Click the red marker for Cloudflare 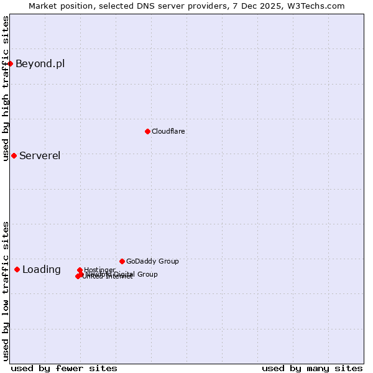pyautogui.click(x=147, y=131)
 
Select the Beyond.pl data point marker pyautogui.click(x=10, y=63)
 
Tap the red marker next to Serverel pyautogui.click(x=14, y=155)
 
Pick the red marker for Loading pyautogui.click(x=17, y=269)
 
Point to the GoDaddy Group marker pyautogui.click(x=122, y=261)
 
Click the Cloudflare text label pyautogui.click(x=168, y=131)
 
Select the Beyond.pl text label pyautogui.click(x=40, y=63)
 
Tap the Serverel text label pyautogui.click(x=40, y=155)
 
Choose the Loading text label pyautogui.click(x=42, y=269)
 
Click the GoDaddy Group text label pyautogui.click(x=152, y=261)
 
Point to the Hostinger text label pyautogui.click(x=99, y=270)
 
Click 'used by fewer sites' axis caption pyautogui.click(x=64, y=368)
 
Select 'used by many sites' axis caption pyautogui.click(x=312, y=368)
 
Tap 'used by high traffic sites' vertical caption pyautogui.click(x=6, y=88)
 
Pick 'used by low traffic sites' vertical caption pyautogui.click(x=6, y=290)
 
